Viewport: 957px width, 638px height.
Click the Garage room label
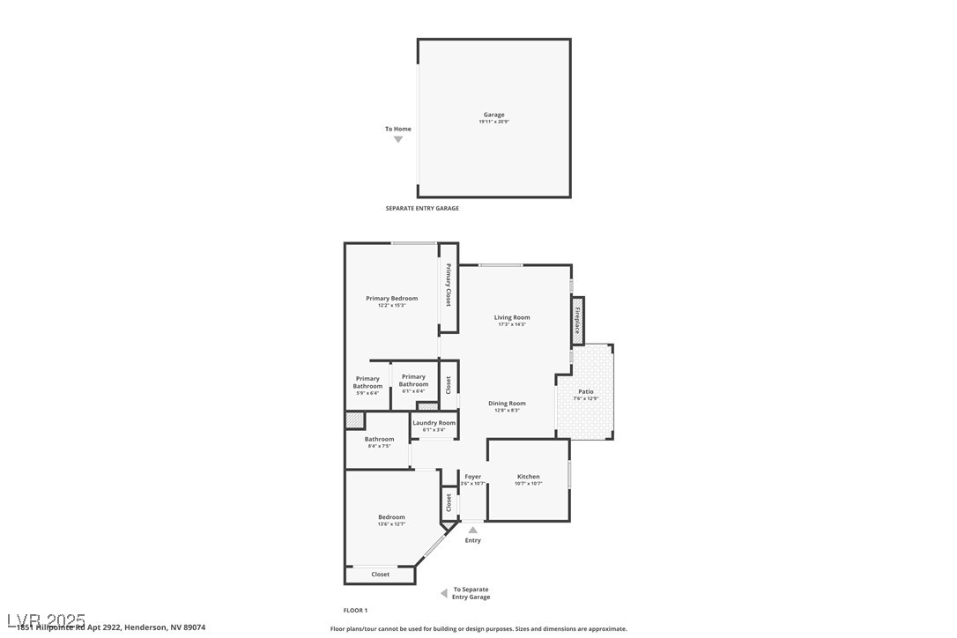click(x=493, y=115)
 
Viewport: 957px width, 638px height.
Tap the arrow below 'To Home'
click(x=398, y=139)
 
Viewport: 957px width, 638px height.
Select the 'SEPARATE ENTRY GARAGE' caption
click(x=422, y=209)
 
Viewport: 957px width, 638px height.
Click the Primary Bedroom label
click(x=391, y=299)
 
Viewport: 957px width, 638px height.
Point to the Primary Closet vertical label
click(x=449, y=285)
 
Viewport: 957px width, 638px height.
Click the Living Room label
click(x=511, y=317)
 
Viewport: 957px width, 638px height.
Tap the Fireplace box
click(x=577, y=321)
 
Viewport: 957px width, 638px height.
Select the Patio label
click(x=585, y=391)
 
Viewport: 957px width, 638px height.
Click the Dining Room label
click(x=507, y=404)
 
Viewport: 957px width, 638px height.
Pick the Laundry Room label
click(x=434, y=423)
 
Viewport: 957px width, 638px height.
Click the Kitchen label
click(x=528, y=477)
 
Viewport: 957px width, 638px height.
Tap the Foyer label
click(x=473, y=477)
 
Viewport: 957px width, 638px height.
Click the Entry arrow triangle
click(x=473, y=530)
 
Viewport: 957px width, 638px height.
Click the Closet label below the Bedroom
click(x=380, y=575)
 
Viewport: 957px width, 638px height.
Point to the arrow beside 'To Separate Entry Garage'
click(x=444, y=594)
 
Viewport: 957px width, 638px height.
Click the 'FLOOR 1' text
click(x=355, y=611)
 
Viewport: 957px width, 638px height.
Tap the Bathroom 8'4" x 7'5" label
click(x=379, y=440)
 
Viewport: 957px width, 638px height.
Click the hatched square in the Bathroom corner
click(x=354, y=420)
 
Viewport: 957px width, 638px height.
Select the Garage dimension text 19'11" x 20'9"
click(x=493, y=122)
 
